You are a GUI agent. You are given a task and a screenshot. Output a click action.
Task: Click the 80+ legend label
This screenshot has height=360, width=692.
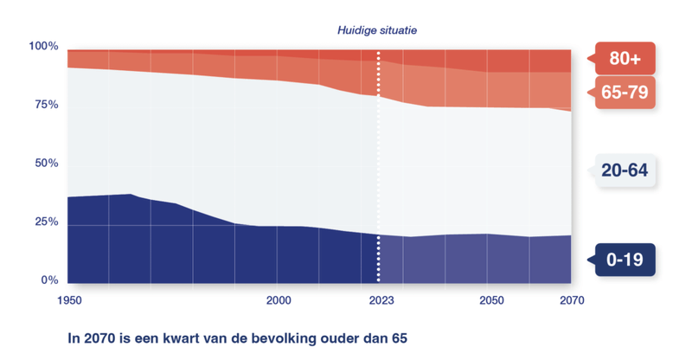point(625,59)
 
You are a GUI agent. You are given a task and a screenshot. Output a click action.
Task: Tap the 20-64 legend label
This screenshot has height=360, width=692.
point(625,170)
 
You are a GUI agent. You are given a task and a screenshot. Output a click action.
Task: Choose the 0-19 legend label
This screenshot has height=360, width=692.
point(625,259)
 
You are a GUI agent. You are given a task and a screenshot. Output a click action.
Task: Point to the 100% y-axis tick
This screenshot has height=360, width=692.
point(43,46)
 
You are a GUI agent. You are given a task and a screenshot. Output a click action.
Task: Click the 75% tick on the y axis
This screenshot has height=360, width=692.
point(45,105)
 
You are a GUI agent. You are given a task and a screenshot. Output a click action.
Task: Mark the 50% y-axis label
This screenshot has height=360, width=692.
point(45,164)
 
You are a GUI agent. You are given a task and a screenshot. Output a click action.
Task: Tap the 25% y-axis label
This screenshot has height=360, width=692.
point(45,222)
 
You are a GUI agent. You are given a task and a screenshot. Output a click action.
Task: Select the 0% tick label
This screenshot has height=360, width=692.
point(48,281)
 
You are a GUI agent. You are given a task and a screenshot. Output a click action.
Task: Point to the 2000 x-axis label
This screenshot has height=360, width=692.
point(277,300)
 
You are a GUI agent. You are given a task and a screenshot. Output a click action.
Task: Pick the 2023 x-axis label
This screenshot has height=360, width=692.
point(378,300)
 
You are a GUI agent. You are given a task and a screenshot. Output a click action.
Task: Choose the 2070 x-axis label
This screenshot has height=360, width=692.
point(571,300)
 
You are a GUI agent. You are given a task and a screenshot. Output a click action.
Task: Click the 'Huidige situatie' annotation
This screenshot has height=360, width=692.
point(378,30)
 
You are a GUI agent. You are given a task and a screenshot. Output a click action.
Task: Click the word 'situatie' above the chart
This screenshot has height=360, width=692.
point(400,30)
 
